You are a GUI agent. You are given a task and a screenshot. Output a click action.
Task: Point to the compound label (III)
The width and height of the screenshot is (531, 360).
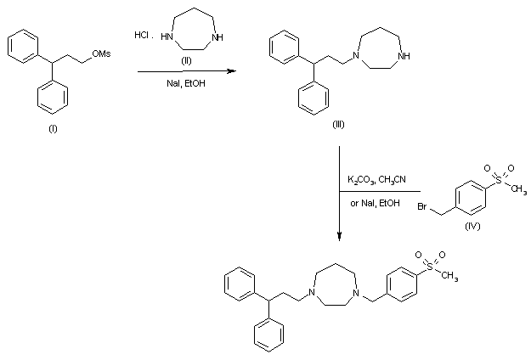pyautogui.click(x=339, y=125)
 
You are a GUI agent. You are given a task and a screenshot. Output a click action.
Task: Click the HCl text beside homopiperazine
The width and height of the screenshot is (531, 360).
pyautogui.click(x=143, y=35)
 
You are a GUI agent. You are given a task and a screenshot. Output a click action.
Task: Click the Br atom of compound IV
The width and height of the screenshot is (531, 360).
pyautogui.click(x=421, y=208)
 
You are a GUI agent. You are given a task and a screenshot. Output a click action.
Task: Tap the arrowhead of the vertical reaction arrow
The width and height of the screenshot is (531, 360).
pyautogui.click(x=340, y=237)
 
